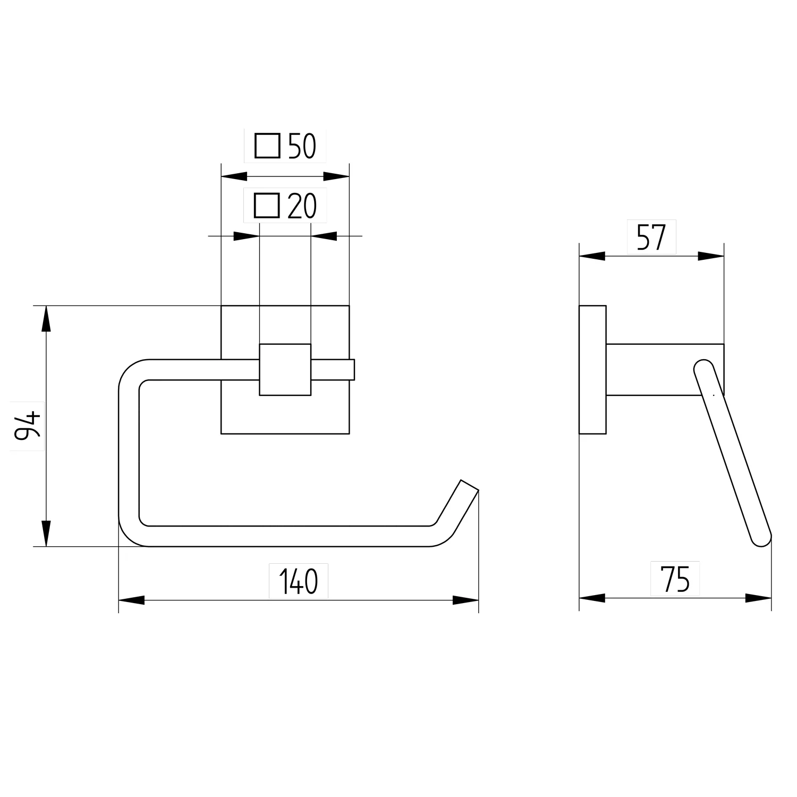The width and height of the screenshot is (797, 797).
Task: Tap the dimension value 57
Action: coord(651,238)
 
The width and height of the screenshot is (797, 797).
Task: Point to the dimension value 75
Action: coord(675,579)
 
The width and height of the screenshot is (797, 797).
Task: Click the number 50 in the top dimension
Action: coord(302,147)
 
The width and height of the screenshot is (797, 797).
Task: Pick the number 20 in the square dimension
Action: coord(302,206)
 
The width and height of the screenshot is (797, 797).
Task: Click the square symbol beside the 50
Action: coord(267,146)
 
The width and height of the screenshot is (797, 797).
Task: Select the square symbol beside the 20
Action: coord(267,206)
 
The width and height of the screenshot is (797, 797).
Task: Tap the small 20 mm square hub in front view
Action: coord(285,370)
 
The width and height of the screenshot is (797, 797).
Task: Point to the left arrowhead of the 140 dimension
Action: coord(131,600)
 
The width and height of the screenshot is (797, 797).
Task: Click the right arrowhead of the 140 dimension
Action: coord(466,600)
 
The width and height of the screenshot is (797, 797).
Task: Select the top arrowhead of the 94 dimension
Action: coord(47,319)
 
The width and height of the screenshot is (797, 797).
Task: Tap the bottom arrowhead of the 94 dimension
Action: coord(47,533)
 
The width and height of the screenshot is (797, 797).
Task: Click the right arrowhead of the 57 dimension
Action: coord(711,256)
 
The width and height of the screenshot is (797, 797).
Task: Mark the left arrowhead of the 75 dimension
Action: coord(592,598)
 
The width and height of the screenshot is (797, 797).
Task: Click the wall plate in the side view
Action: coord(592,370)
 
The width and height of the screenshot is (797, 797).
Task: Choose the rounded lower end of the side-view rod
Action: coord(761,537)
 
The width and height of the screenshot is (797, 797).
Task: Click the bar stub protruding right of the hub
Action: coord(333,370)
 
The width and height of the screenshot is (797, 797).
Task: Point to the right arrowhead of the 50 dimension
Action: coord(336,176)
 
